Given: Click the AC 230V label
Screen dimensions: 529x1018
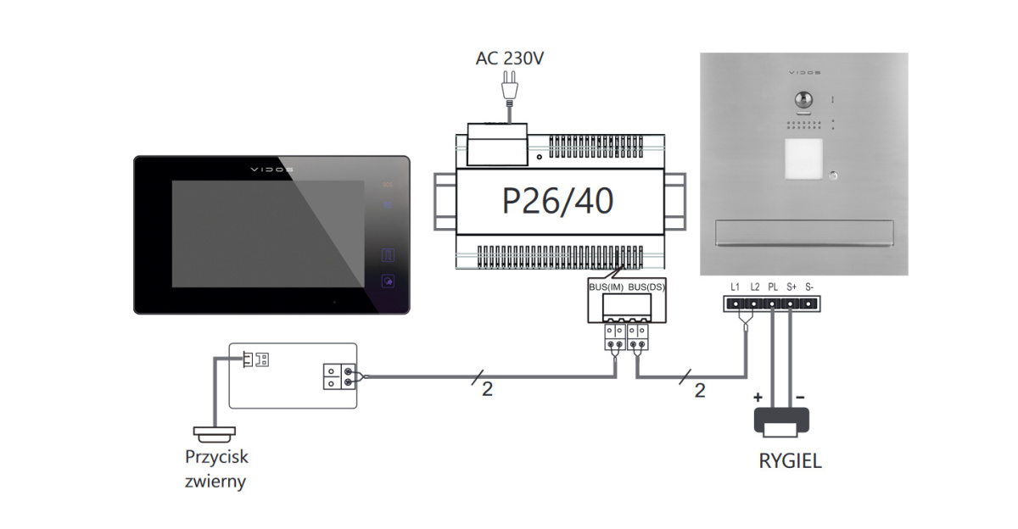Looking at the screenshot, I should [x=511, y=58].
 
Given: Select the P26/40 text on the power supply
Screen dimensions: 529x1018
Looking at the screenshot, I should [x=557, y=200].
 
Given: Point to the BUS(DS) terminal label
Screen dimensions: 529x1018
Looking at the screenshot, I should [x=646, y=287].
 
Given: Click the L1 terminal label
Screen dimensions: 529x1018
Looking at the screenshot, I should [x=736, y=287].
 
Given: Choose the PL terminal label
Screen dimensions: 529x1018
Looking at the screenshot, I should [x=773, y=287].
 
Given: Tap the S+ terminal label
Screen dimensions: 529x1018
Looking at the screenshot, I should [x=791, y=287].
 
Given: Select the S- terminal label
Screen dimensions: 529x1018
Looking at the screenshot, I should [x=810, y=287].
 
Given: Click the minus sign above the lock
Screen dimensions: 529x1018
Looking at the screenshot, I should [x=799, y=397].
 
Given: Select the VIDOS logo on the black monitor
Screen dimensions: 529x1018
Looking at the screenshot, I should [x=271, y=169].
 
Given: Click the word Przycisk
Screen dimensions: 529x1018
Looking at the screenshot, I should [x=217, y=457].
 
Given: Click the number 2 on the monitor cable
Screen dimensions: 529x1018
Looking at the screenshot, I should [x=486, y=389].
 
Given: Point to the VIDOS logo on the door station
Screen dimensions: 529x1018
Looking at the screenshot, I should [x=803, y=74].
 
